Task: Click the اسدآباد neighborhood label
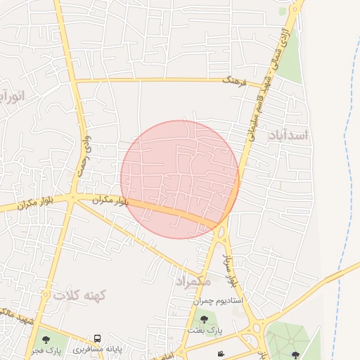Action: pos(289,135)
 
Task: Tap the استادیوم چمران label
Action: pos(218,300)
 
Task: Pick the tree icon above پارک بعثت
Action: pos(205,320)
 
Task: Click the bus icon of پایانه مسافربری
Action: pos(97,339)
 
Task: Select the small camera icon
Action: pos(221,353)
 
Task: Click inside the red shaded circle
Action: pos(179,179)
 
